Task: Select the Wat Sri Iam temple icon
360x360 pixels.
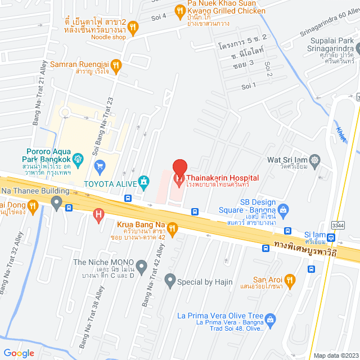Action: pyautogui.click(x=314, y=160)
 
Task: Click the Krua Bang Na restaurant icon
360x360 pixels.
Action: pyautogui.click(x=172, y=228)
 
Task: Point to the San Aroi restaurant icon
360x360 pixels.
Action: pyautogui.click(x=290, y=280)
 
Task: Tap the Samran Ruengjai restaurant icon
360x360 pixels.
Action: pyautogui.click(x=116, y=65)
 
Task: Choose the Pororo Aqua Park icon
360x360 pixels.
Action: pyautogui.click(x=79, y=158)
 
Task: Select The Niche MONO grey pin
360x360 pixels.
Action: pyautogui.click(x=142, y=265)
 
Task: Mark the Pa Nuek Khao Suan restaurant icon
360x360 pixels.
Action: pyautogui.click(x=179, y=10)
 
